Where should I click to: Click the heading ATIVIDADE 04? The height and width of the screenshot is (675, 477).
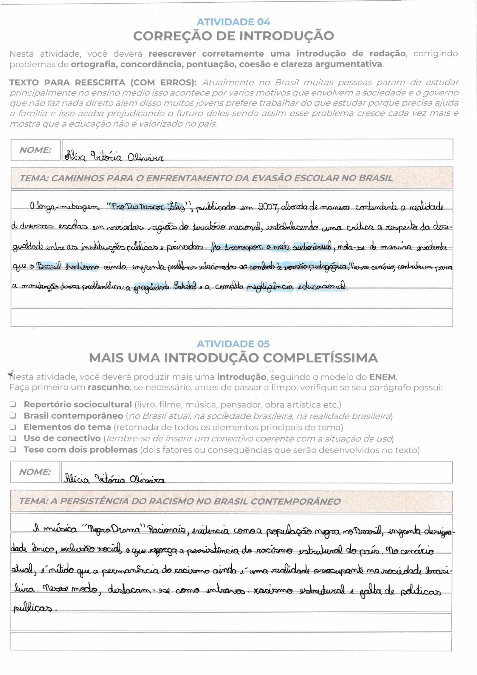[x=233, y=22]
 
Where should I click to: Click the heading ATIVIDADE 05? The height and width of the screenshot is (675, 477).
[x=233, y=344]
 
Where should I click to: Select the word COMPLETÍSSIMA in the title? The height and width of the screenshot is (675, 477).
[x=320, y=358]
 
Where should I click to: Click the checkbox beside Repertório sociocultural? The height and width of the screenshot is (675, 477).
[x=13, y=405]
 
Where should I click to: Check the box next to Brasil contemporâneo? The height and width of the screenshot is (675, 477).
[x=13, y=416]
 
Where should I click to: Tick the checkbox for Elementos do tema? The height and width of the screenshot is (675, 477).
[x=13, y=427]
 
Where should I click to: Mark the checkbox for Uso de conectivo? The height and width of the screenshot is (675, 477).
[x=13, y=438]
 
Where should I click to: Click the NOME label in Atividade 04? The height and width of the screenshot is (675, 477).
[x=35, y=150]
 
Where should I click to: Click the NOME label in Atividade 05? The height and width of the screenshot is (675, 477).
[x=35, y=472]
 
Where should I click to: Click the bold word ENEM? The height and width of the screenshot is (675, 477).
[x=382, y=377]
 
